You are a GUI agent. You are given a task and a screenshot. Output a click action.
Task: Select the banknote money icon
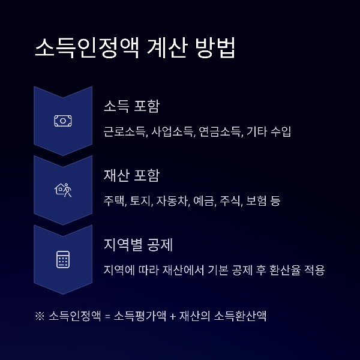[63, 121]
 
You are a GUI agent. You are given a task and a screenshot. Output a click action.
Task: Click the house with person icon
[63, 190]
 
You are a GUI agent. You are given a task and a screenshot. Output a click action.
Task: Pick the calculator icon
[63, 260]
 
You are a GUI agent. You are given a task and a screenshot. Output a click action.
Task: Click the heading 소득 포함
[131, 106]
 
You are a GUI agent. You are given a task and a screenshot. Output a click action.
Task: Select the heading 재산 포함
[131, 176]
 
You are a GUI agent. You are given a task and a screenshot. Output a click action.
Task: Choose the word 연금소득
[219, 131]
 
